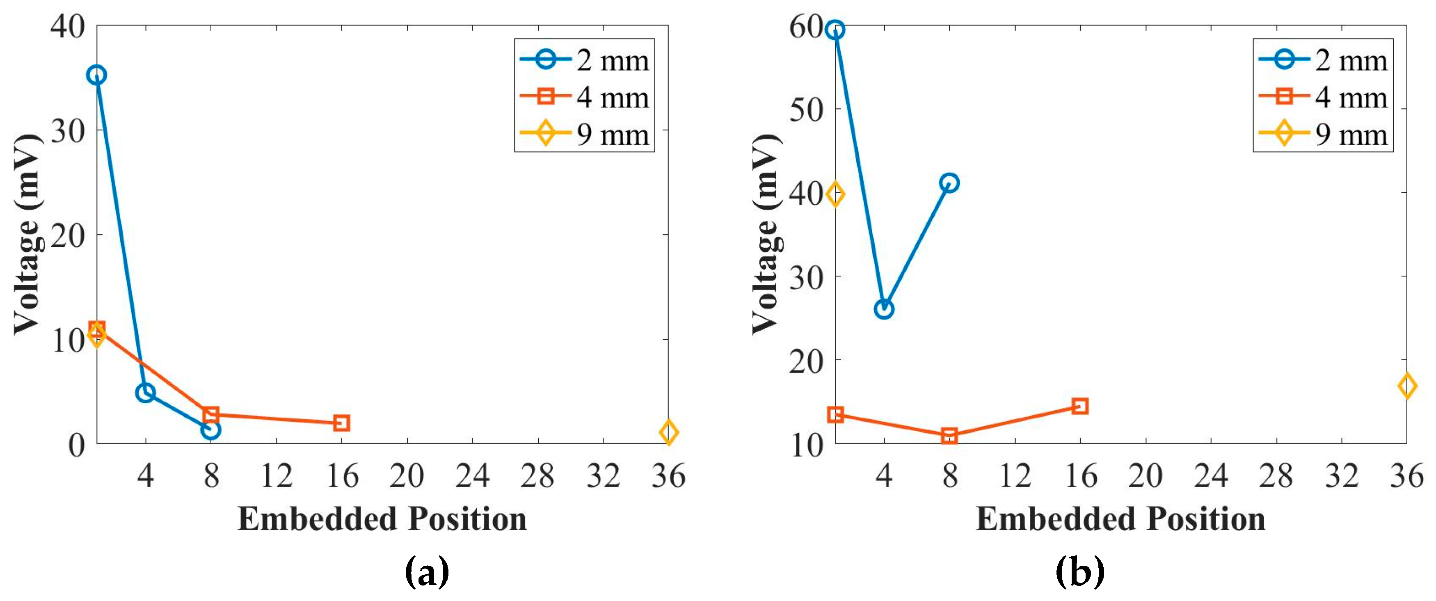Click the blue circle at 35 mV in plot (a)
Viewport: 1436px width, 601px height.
tap(96, 75)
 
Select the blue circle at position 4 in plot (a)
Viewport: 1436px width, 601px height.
tap(145, 393)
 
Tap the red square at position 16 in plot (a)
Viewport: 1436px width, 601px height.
tap(341, 423)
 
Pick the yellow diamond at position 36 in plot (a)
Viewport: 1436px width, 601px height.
tap(668, 432)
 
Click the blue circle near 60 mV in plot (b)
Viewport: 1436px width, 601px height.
tap(835, 30)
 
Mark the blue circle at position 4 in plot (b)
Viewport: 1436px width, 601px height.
tap(884, 309)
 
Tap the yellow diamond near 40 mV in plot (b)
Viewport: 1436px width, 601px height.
tap(835, 194)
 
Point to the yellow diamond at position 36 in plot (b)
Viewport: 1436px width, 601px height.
tap(1406, 386)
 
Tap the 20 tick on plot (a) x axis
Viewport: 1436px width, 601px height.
tap(407, 476)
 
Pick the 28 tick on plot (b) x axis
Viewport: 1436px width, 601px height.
tap(1276, 476)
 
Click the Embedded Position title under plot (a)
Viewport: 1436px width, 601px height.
tap(382, 519)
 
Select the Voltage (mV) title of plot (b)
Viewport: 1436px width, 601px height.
tap(766, 234)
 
